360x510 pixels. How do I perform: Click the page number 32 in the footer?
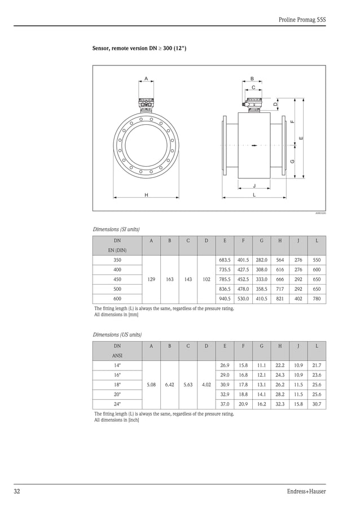point(17,491)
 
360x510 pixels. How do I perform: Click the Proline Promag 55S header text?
point(302,19)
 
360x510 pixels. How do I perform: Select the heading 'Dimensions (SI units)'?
point(116,229)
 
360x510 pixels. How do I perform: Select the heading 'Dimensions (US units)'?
point(117,334)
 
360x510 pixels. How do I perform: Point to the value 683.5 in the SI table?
point(225,260)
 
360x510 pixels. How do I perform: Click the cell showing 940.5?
point(225,298)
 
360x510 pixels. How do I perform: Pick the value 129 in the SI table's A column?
point(151,279)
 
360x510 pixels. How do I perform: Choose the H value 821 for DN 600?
point(279,298)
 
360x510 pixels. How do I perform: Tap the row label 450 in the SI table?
point(117,279)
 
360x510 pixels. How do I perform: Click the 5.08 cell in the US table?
point(151,385)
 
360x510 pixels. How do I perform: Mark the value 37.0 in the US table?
point(225,404)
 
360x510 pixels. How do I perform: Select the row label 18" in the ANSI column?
point(117,385)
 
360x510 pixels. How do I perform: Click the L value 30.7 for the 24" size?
point(317,404)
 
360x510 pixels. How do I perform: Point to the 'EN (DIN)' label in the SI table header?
point(117,250)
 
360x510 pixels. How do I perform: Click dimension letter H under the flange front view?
point(146,194)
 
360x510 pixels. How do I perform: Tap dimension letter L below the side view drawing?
point(254,194)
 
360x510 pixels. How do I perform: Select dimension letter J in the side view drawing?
point(254,185)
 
